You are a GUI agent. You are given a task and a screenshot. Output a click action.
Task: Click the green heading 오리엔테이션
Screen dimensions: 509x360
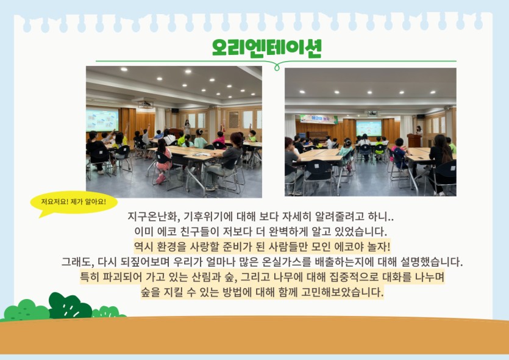(266, 48)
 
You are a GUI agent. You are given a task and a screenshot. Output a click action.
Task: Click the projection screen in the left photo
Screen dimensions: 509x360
(102, 120)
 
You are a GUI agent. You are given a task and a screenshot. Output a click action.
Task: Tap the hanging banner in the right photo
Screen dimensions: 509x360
(319, 119)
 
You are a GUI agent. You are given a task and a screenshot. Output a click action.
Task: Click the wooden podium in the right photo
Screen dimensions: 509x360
(415, 140)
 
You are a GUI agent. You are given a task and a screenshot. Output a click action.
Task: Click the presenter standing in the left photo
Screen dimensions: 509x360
(187, 128)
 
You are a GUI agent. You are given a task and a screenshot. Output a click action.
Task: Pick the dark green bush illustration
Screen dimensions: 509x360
(69, 306)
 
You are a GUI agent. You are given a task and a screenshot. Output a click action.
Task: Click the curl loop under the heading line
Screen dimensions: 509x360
(277, 67)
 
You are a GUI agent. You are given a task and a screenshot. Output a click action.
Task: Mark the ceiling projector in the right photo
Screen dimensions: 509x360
(372, 113)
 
